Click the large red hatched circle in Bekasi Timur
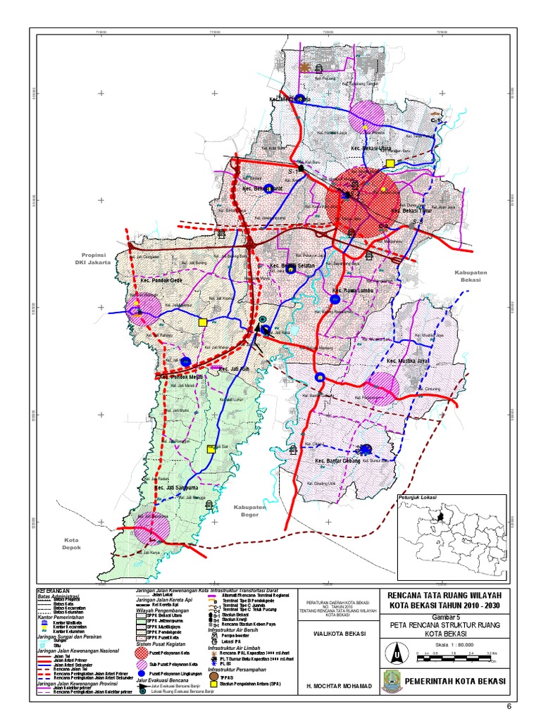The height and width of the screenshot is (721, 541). point(362,199)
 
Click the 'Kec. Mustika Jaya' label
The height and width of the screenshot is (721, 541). point(408,360)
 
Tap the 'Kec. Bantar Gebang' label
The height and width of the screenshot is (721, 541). point(337,460)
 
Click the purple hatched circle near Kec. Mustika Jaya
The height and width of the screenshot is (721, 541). point(383,388)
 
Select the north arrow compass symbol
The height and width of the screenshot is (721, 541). point(398,654)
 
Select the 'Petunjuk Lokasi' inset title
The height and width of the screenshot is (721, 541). point(418,498)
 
